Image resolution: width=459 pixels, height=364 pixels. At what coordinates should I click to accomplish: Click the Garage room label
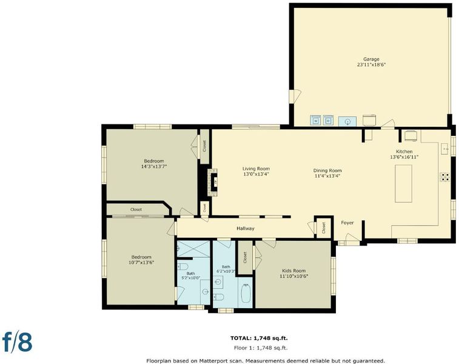[x=371, y=59]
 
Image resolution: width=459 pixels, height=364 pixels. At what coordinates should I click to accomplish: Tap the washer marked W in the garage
[x=315, y=120]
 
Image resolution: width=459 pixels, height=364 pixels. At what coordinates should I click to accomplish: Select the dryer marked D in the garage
[x=329, y=120]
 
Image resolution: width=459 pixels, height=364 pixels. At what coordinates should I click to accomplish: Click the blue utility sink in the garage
[x=347, y=121]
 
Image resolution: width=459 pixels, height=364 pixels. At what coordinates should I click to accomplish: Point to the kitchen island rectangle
[x=403, y=184]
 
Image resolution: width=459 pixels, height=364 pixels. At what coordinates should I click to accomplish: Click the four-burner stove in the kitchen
[x=444, y=177]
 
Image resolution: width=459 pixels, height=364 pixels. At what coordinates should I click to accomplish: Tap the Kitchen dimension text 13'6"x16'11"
[x=404, y=157]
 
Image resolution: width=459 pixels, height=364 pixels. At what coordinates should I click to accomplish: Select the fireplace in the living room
[x=213, y=182]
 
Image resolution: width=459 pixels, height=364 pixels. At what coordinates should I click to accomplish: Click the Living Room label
[x=256, y=169]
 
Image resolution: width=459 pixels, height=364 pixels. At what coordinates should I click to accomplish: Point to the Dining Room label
[x=327, y=170]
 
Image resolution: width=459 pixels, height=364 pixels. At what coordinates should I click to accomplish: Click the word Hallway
[x=246, y=229]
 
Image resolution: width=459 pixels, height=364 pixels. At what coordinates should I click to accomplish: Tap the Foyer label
[x=347, y=223]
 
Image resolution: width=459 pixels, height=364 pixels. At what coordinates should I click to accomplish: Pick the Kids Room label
[x=294, y=271]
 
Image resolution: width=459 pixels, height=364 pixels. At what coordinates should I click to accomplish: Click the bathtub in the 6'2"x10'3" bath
[x=246, y=293]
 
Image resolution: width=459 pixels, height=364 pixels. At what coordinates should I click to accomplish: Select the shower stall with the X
[x=194, y=249]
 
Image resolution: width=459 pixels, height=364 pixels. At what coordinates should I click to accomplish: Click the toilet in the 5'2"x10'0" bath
[x=183, y=267]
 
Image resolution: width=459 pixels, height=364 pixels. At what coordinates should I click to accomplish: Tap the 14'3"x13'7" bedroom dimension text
[x=154, y=166]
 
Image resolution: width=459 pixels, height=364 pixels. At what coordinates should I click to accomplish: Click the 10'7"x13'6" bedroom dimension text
[x=141, y=263]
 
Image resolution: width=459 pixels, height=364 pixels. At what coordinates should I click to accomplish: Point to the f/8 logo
[x=17, y=342]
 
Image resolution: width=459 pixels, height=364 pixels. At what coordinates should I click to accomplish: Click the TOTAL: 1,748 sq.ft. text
[x=259, y=339]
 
